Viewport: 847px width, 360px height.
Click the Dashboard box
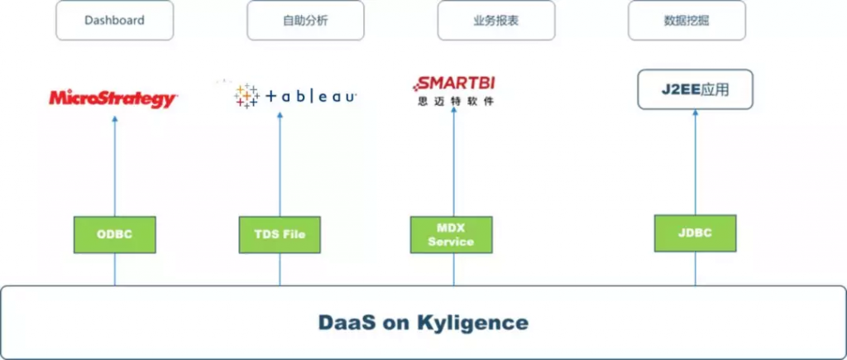[x=114, y=21]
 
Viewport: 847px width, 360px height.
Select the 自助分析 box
[x=305, y=21]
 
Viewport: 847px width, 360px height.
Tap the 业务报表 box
[x=496, y=21]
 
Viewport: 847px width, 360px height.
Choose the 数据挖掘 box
[x=687, y=21]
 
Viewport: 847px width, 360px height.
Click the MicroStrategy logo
[x=113, y=99]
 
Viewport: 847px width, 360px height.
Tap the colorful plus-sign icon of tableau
[x=246, y=96]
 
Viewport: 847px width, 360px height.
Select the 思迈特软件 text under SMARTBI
[x=456, y=101]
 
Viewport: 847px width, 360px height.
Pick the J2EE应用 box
[x=695, y=89]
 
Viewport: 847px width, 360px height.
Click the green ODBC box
[x=114, y=234]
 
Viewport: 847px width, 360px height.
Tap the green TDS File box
[x=280, y=234]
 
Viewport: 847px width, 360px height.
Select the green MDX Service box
[x=451, y=234]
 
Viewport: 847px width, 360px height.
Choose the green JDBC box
[x=695, y=233]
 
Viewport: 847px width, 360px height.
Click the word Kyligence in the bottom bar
[x=472, y=323]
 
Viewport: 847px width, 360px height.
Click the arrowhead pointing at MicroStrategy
[x=114, y=119]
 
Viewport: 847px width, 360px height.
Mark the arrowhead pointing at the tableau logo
[x=280, y=116]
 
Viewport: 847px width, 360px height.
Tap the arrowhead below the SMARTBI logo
[x=454, y=110]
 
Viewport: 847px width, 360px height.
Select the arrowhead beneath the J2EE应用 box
[x=695, y=113]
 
